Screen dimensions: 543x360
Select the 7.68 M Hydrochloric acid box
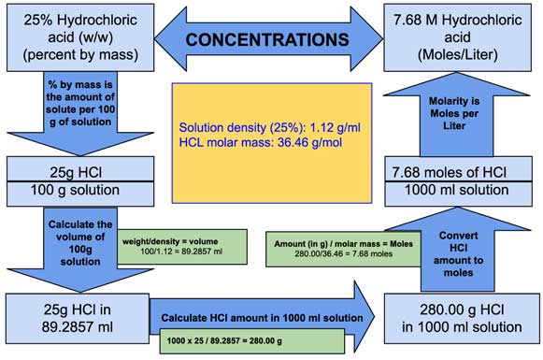(461, 37)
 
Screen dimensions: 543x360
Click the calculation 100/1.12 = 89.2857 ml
(176, 253)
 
